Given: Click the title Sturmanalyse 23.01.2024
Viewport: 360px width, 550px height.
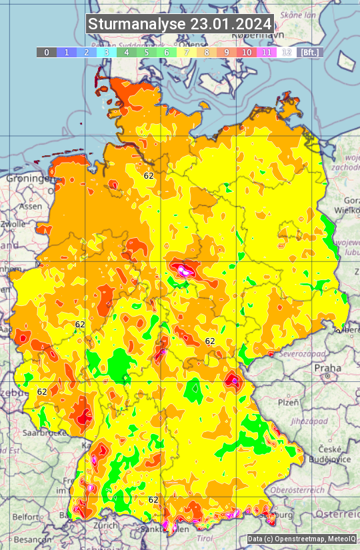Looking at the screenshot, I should [180, 24].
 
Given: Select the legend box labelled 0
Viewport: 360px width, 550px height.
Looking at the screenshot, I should [46, 52].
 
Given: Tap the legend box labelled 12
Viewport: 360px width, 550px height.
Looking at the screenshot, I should [286, 52].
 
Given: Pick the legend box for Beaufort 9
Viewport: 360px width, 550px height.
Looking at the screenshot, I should [226, 52].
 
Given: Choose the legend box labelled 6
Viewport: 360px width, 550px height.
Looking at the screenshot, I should [166, 52].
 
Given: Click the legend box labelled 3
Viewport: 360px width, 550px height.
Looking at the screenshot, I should [106, 52].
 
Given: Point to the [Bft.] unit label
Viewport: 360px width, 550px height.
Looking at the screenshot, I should [310, 52].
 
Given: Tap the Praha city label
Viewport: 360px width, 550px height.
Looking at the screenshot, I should [327, 368].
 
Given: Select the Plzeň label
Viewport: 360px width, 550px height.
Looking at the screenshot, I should [289, 403].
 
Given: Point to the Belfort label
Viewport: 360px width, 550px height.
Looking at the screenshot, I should [25, 517].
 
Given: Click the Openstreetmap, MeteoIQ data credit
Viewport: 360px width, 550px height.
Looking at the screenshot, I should [302, 539].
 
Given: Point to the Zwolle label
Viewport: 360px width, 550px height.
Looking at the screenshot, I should [12, 225].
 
